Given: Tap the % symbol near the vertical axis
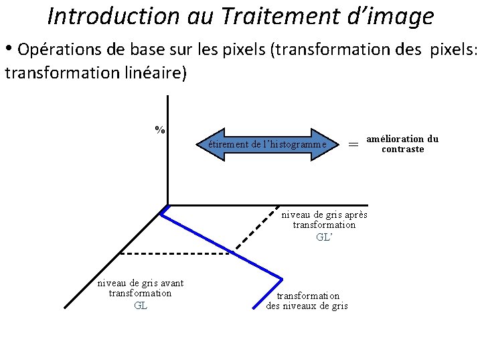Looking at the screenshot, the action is coord(160,129).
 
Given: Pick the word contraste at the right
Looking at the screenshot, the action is coord(402,149).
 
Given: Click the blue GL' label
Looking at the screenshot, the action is coord(324,237).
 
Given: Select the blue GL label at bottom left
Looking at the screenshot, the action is coord(141,306).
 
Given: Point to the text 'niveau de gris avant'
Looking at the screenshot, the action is coord(141,283).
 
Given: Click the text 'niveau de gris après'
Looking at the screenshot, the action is coord(324,215).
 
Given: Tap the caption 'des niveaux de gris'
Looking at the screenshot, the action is coord(307,306).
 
